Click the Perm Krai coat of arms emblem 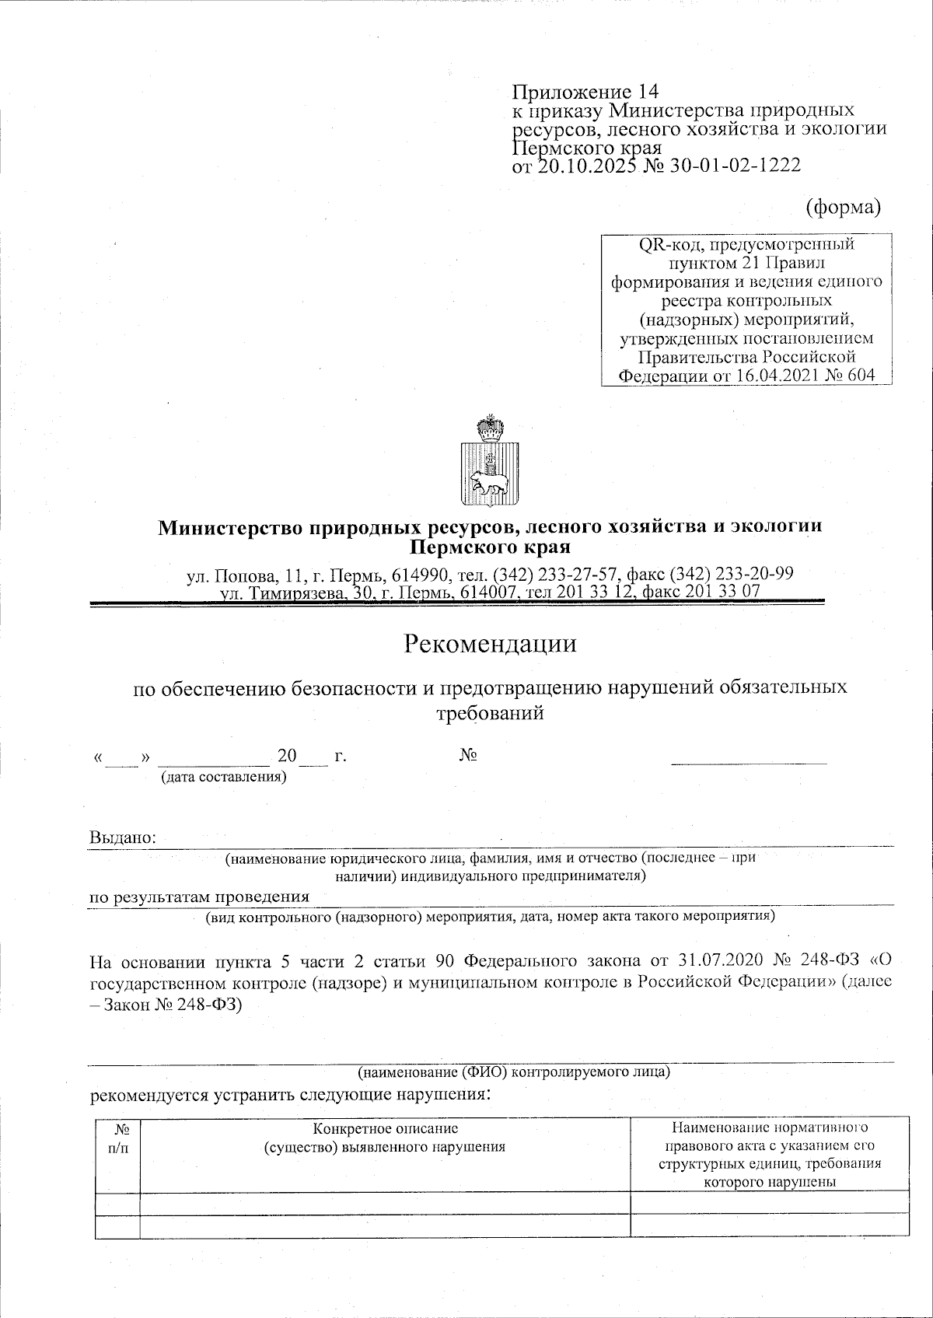(x=491, y=462)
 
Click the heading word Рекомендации (x=490, y=645)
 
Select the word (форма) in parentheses (x=844, y=206)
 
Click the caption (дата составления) (x=223, y=777)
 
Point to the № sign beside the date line (x=468, y=756)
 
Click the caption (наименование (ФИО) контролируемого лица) (x=514, y=1072)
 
